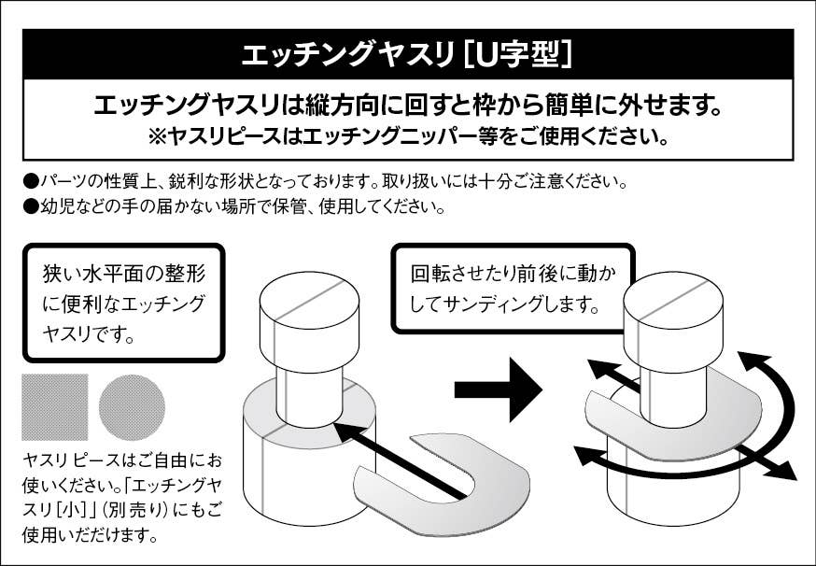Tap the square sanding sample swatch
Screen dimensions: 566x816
(x=55, y=407)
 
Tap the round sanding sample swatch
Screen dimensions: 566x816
(x=132, y=407)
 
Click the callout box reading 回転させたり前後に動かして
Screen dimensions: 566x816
(x=513, y=289)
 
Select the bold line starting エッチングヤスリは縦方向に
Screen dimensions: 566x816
(x=408, y=106)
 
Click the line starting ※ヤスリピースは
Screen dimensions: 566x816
(x=408, y=136)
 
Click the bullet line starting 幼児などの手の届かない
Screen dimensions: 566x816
(x=233, y=205)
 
